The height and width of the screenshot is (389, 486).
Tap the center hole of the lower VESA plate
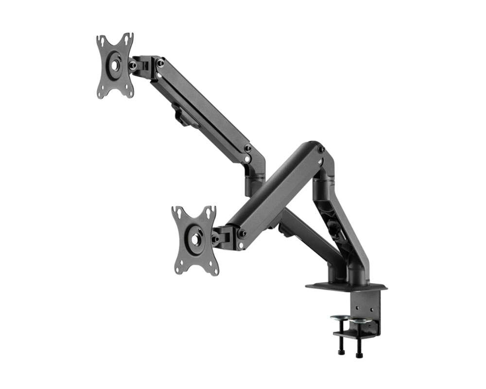click(x=195, y=239)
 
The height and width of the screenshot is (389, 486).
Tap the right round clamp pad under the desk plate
click(x=359, y=320)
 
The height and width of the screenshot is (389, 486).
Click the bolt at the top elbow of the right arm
click(x=321, y=149)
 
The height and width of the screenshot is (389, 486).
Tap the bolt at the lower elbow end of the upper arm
click(x=247, y=148)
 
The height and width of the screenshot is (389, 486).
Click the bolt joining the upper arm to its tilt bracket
click(x=160, y=63)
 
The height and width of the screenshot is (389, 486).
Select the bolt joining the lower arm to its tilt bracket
click(x=241, y=234)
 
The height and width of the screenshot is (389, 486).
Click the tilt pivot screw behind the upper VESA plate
click(x=132, y=65)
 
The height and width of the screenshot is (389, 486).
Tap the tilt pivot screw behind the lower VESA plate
click(x=214, y=239)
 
